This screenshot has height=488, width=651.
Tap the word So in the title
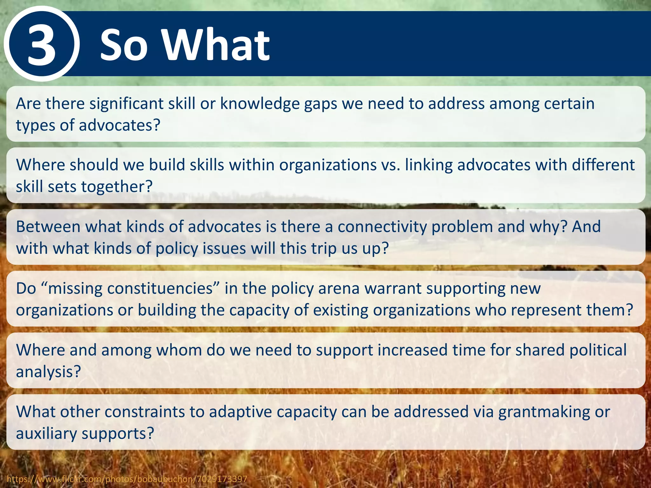click(124, 45)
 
